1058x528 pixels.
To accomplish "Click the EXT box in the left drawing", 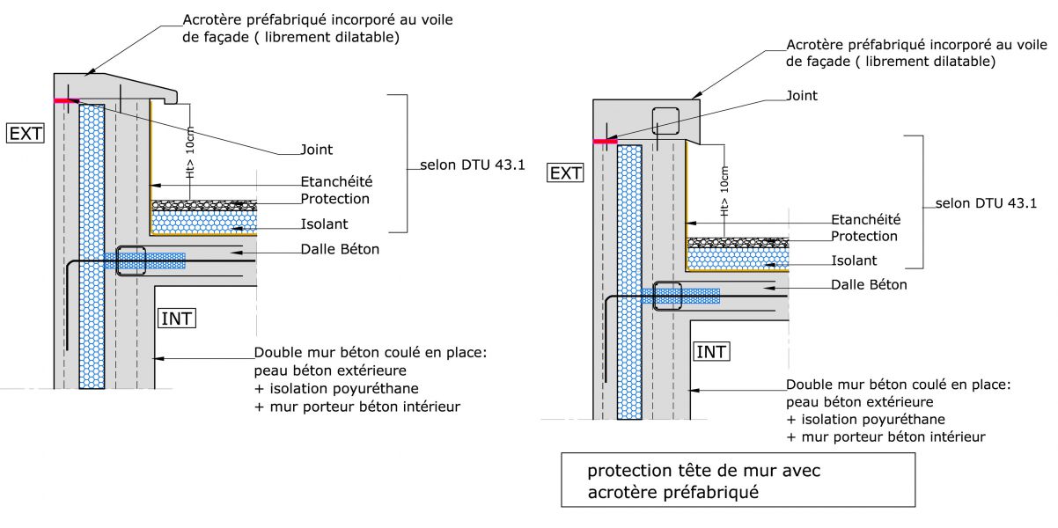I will pos(23,133).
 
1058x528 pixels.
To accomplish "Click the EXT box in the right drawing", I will pos(564,172).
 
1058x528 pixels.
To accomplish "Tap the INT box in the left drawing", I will pos(177,318).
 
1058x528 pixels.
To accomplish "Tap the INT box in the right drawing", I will pos(711,352).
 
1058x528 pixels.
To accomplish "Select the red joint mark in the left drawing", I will pos(66,101).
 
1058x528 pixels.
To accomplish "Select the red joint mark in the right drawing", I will pos(605,141).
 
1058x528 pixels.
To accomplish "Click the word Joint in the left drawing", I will pos(316,150).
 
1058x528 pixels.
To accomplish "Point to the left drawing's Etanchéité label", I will pos(336,182).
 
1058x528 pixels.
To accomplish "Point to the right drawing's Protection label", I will pos(864,236).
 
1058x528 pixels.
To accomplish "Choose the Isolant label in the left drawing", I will pos(325,224).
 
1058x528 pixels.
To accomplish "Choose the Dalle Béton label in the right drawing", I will pos(869,284).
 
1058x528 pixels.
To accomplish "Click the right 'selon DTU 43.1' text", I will pos(987,203).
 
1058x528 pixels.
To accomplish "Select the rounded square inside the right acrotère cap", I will pos(665,121).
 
